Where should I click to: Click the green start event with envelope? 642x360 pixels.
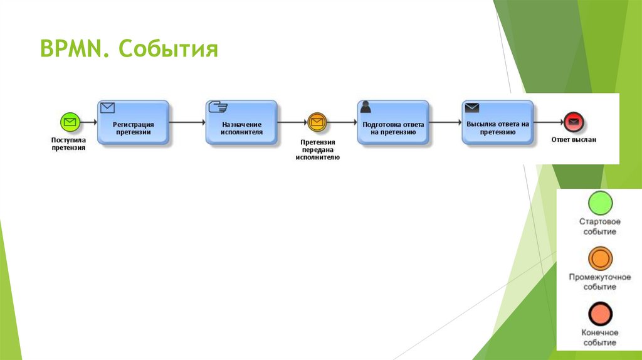(x=69, y=122)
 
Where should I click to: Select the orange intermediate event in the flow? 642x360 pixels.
(x=317, y=122)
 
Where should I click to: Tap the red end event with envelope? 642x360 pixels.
(x=573, y=122)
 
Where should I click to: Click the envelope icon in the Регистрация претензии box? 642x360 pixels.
(x=108, y=107)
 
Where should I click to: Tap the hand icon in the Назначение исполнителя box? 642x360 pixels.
(x=217, y=107)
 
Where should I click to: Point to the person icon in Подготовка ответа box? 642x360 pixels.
(x=366, y=107)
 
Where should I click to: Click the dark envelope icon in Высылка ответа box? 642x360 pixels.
(x=472, y=107)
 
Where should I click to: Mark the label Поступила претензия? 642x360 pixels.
(x=68, y=144)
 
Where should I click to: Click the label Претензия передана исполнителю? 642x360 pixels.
(x=317, y=150)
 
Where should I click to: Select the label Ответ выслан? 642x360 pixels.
(x=574, y=140)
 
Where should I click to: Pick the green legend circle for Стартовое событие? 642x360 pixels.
(x=600, y=203)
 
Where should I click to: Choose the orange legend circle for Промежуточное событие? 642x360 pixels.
(x=600, y=258)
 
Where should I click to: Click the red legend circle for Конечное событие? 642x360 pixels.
(x=600, y=313)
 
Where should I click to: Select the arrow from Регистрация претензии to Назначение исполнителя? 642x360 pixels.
(x=187, y=122)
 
